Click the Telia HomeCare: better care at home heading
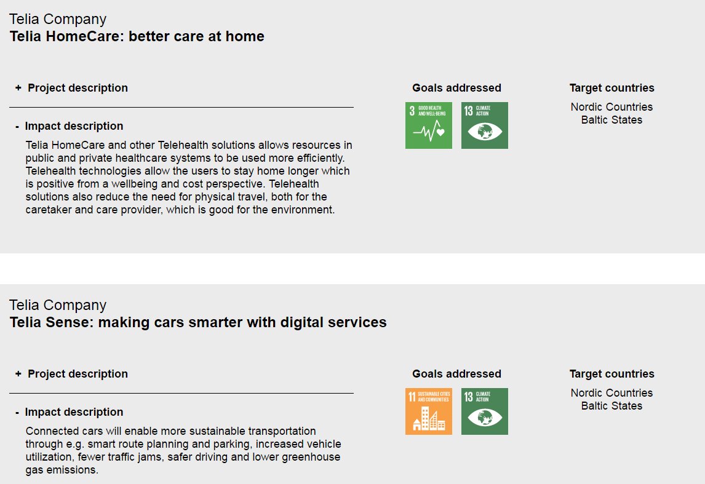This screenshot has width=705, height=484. coord(137,36)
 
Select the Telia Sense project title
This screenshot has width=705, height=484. coord(198,322)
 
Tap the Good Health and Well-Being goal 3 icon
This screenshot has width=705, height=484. coord(429,125)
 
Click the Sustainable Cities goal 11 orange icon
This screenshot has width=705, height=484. coord(429,411)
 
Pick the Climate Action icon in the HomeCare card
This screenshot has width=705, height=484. coord(485,125)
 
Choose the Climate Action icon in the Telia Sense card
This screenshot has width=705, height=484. coord(485,411)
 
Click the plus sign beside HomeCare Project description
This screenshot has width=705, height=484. coord(18,88)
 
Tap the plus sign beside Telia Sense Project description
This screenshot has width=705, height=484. coord(18,374)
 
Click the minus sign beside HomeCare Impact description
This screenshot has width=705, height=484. coord(17,127)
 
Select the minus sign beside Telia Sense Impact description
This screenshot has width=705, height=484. coord(17,413)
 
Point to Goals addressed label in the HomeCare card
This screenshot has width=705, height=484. coord(456,88)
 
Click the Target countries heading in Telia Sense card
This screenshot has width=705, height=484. coord(611,374)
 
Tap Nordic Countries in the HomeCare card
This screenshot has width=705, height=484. coord(611,107)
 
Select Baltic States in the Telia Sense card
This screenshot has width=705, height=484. coord(611,406)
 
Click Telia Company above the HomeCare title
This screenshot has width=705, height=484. coord(58,19)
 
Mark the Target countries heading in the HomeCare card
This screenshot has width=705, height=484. coord(611,88)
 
